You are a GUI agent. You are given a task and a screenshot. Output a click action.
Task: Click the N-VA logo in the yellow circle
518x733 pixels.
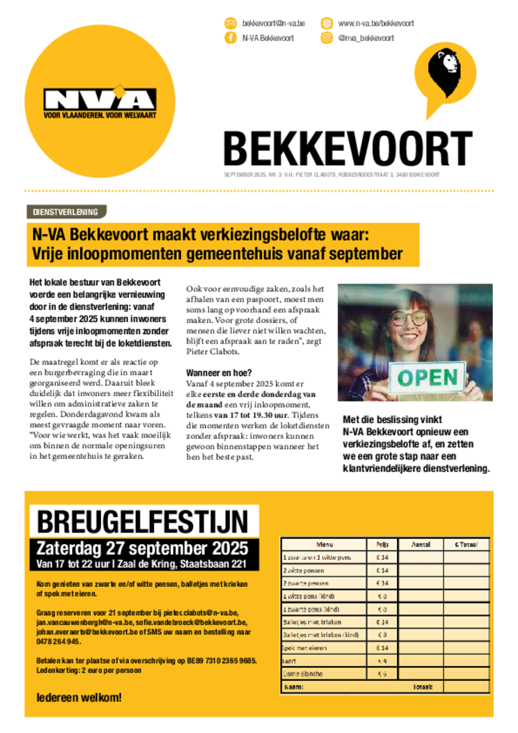coord(99,102)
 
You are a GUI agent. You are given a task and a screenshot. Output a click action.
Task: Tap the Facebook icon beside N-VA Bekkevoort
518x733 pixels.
coord(230,38)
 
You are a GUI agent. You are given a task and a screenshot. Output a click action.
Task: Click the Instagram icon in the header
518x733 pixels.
coord(326,38)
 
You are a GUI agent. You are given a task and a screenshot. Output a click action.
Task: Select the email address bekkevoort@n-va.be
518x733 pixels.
coord(273,23)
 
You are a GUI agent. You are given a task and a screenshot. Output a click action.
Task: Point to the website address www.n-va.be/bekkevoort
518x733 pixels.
coord(376,23)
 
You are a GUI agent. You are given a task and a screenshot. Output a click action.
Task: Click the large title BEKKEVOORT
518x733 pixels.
coord(348,148)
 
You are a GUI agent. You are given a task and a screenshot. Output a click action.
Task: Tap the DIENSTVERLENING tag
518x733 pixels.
coord(66,211)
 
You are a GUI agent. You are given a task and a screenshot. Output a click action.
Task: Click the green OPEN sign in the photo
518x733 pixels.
coord(428,377)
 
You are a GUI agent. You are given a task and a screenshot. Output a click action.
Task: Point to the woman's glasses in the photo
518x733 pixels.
coord(409,317)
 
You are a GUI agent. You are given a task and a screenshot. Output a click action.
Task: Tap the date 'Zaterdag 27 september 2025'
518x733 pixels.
coord(142,548)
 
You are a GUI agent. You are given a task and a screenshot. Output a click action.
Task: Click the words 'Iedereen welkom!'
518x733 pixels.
coord(79,697)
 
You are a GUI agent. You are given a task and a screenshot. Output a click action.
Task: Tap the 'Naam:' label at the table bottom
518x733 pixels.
coord(294,686)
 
